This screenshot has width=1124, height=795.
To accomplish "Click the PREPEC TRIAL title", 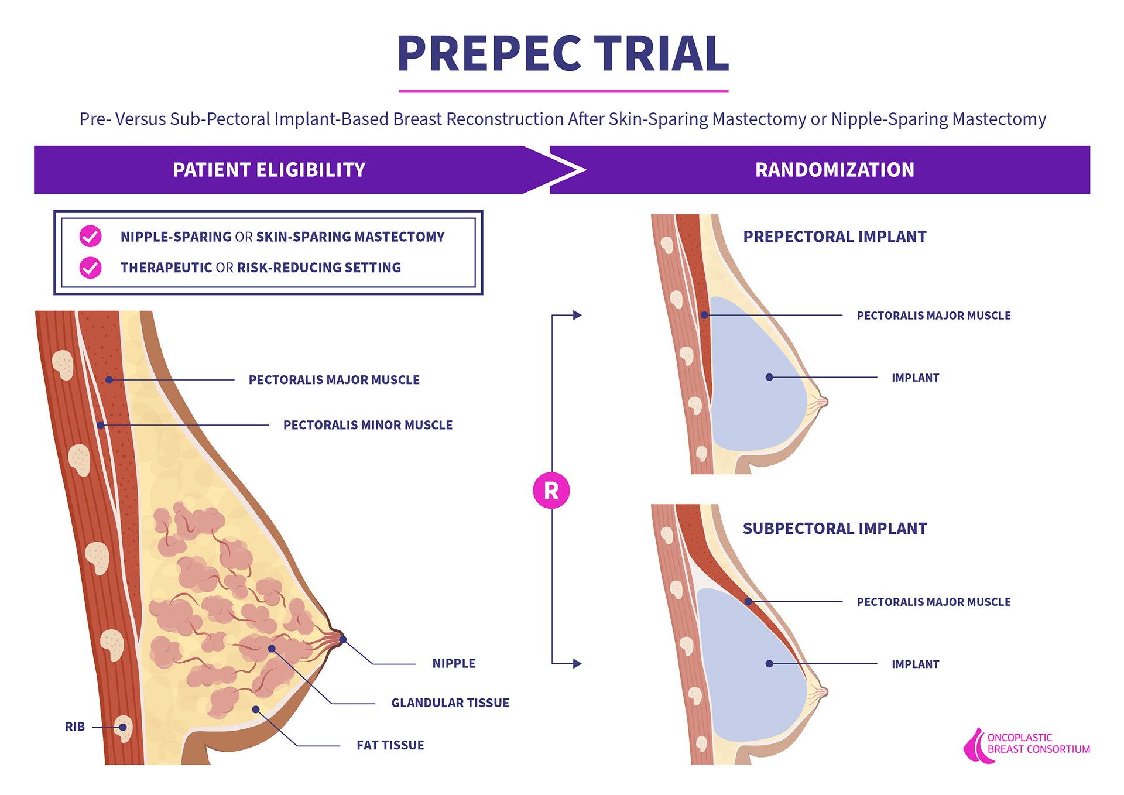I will (563, 53).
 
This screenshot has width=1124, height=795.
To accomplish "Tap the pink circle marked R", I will (551, 490).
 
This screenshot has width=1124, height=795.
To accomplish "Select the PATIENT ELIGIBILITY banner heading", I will (269, 170).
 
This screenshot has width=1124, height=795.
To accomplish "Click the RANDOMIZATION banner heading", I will (834, 170).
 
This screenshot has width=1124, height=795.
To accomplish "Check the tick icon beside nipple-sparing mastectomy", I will (91, 236).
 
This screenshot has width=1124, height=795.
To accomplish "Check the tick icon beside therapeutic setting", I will (91, 268).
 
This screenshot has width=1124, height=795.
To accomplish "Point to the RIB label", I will (75, 727).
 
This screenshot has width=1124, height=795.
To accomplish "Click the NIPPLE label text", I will (454, 663).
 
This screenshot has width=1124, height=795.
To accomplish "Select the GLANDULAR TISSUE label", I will (450, 703).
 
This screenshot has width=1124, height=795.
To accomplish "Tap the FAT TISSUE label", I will (390, 745).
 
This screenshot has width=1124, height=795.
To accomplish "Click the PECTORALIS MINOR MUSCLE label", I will (368, 425).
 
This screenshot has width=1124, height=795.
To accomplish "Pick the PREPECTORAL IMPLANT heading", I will (834, 237).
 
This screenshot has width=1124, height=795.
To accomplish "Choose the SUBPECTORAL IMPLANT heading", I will (834, 529).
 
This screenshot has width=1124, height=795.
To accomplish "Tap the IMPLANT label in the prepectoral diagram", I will (915, 378).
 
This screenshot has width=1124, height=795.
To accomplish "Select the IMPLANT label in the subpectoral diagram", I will (915, 664).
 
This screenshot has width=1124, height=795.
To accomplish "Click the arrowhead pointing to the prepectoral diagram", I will (577, 315).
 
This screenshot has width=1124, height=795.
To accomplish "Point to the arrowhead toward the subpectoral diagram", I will (577, 664).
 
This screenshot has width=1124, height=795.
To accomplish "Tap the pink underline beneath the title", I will (563, 91).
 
